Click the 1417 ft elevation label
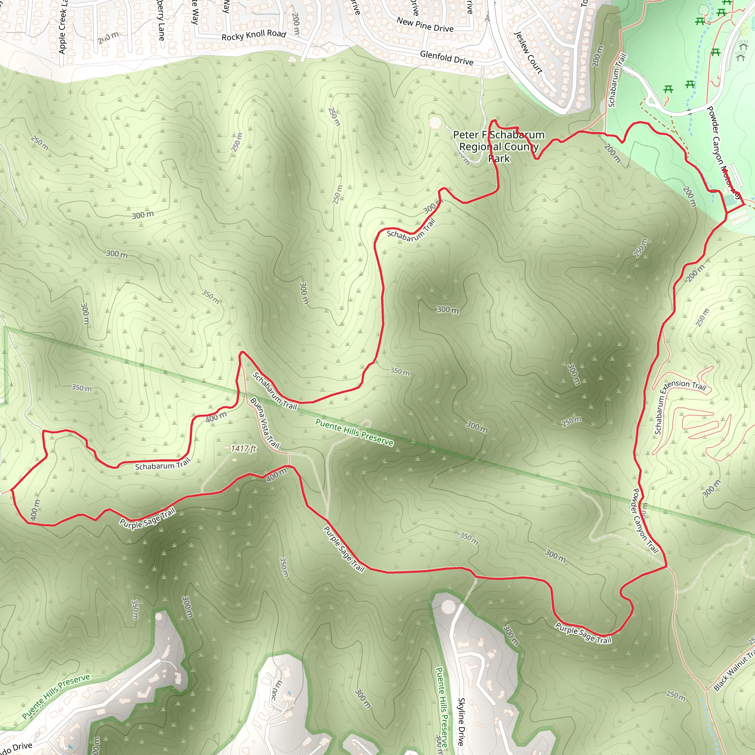[x=243, y=449]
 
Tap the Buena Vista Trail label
[x=265, y=423]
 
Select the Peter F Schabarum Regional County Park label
[x=499, y=147]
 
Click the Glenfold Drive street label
[x=447, y=58]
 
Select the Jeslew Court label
[x=528, y=52]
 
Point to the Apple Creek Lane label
[x=63, y=27]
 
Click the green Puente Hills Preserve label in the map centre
[x=354, y=432]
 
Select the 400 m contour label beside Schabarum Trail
[x=216, y=417]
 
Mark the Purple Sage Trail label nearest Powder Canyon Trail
[x=584, y=633]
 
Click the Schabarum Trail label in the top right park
[x=617, y=80]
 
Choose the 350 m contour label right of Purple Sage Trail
[x=469, y=539]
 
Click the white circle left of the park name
[x=435, y=122]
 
